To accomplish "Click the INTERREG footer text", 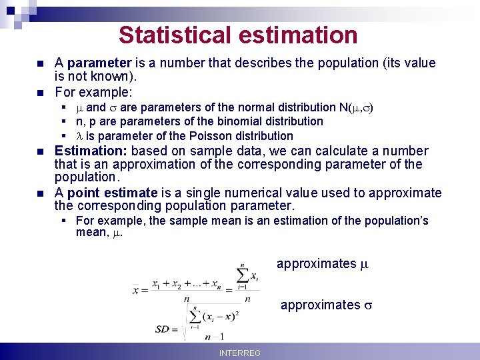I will [x=240, y=353].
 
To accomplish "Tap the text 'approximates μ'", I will [x=323, y=263].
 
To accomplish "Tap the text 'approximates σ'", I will [x=327, y=305].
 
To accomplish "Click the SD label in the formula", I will [x=162, y=329].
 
